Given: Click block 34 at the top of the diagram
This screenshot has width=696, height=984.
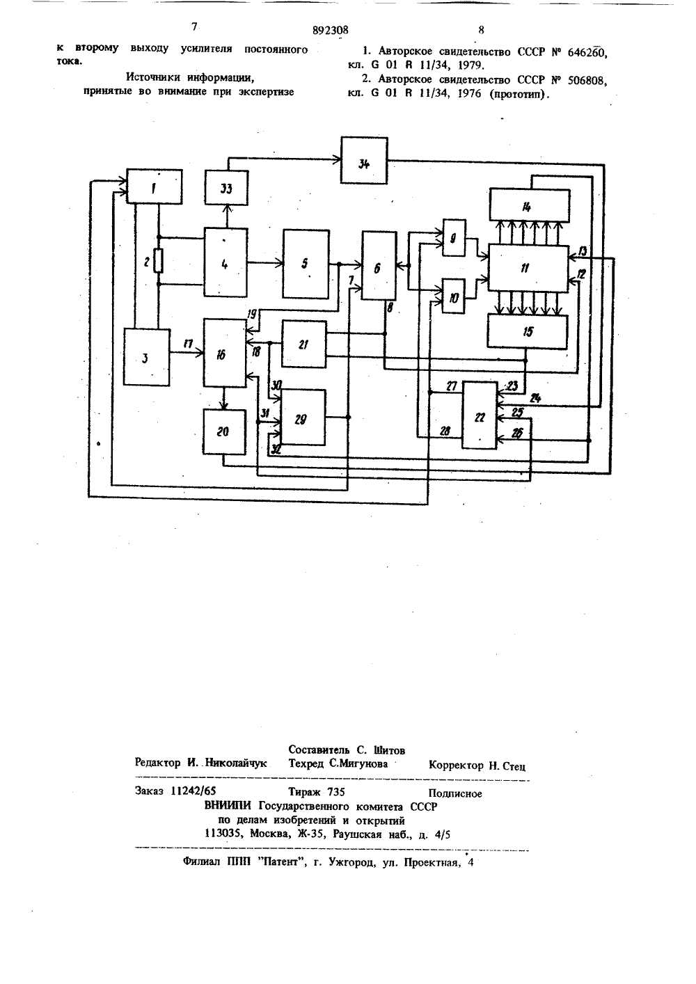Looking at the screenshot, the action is coord(364,160).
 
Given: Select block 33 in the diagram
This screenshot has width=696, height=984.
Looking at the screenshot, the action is coord(226,188).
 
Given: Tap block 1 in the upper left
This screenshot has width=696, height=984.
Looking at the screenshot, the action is coord(155,187).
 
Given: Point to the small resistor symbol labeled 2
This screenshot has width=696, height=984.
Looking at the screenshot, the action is coord(159,261).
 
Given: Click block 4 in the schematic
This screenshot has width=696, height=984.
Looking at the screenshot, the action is coord(226,262).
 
